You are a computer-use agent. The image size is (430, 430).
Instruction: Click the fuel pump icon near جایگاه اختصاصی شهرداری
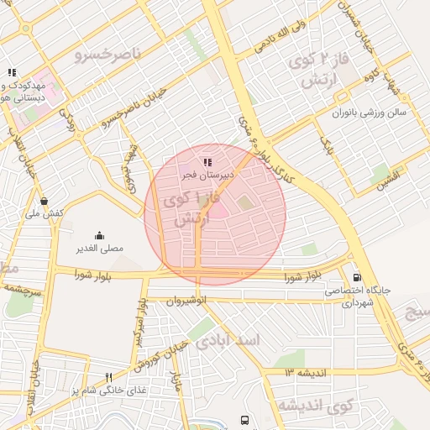(x=359, y=277)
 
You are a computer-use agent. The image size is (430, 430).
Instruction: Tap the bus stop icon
(x=244, y=419)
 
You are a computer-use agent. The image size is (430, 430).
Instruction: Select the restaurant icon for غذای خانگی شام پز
(x=108, y=378)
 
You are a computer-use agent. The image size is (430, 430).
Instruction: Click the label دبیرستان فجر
(x=207, y=175)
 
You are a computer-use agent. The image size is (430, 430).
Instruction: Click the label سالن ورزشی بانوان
(x=369, y=111)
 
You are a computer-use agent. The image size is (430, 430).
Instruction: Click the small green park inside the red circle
(x=244, y=202)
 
